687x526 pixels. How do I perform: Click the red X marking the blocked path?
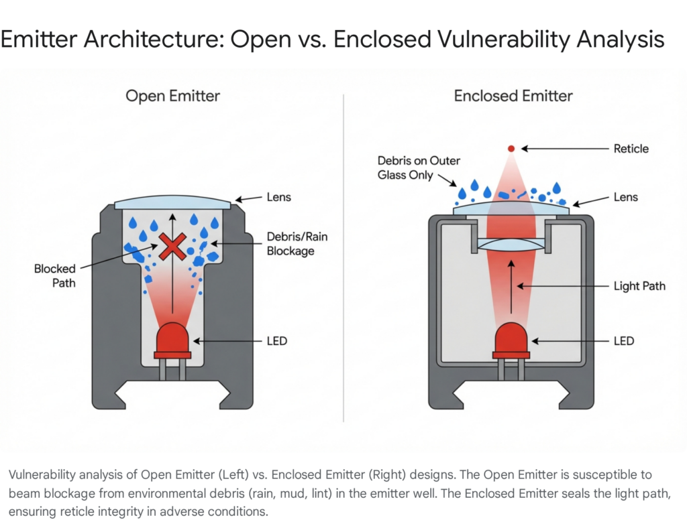pyautogui.click(x=173, y=247)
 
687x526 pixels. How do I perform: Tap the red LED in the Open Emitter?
pyautogui.click(x=173, y=340)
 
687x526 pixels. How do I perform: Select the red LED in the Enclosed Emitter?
pyautogui.click(x=512, y=340)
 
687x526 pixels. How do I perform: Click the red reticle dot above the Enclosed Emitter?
pyautogui.click(x=511, y=148)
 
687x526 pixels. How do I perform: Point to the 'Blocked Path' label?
pyautogui.click(x=55, y=275)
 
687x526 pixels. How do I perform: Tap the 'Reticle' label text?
pyautogui.click(x=631, y=148)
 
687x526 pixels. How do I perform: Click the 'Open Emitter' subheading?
pyautogui.click(x=172, y=96)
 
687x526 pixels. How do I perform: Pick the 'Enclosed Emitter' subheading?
pyautogui.click(x=513, y=96)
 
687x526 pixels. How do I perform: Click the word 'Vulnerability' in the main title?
pyautogui.click(x=498, y=40)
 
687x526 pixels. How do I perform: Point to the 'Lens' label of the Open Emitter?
pyautogui.click(x=278, y=198)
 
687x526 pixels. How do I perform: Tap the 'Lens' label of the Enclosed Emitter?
pyautogui.click(x=625, y=198)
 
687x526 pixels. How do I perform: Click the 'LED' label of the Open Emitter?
pyautogui.click(x=276, y=341)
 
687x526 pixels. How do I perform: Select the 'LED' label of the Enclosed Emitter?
pyautogui.click(x=624, y=341)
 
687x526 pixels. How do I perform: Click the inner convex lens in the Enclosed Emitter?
pyautogui.click(x=512, y=246)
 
